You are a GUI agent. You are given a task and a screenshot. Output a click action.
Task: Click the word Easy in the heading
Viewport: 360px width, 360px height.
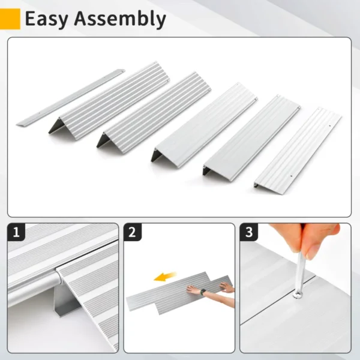47,19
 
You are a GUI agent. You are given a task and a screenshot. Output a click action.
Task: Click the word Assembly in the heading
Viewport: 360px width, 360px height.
120,20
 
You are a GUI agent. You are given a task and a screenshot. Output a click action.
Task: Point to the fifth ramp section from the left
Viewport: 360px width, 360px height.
252,135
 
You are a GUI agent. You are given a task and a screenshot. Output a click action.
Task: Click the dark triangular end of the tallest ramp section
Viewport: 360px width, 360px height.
57,125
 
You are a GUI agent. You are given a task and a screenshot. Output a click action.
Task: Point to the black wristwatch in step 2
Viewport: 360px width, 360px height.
204,292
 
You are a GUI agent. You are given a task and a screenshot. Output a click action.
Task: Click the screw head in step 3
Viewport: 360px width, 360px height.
296,293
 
